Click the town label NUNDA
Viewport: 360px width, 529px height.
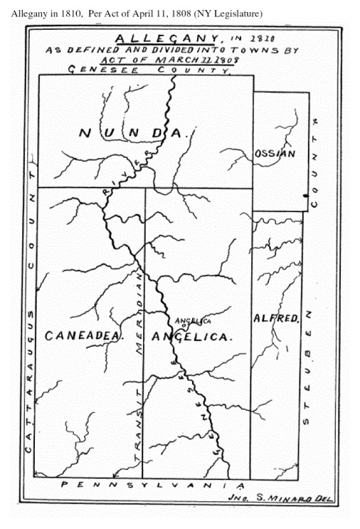[x=132, y=133]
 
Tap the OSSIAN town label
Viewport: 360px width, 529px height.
[x=274, y=154]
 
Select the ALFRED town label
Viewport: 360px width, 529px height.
[x=275, y=319]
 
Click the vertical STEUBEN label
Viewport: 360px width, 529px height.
[x=307, y=370]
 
